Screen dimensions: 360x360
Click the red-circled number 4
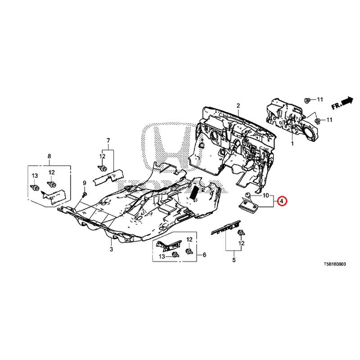coord(281,201)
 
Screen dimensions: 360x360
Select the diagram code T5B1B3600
coord(329,265)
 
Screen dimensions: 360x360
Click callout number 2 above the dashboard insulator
coord(238,106)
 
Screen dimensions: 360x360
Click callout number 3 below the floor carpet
coord(111,249)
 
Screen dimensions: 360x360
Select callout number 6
coord(204,255)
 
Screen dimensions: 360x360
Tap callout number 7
coord(108,141)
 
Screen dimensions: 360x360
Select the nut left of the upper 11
coord(307,100)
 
